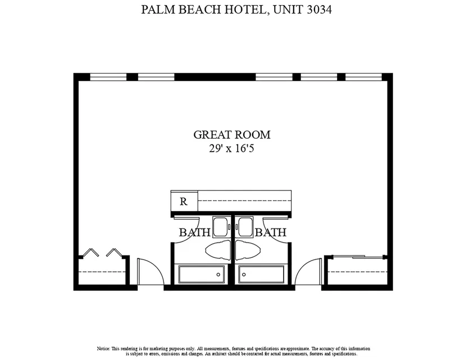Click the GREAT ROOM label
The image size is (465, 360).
pyautogui.click(x=232, y=135)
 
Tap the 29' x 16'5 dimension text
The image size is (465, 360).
pyautogui.click(x=231, y=148)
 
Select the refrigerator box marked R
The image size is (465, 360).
pyautogui.click(x=184, y=202)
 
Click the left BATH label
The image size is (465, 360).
pyautogui.click(x=195, y=232)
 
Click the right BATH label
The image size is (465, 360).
pyautogui.click(x=271, y=232)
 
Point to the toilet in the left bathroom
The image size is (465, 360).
pyautogui.click(x=218, y=250)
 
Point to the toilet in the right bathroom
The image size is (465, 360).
pyautogui.click(x=248, y=250)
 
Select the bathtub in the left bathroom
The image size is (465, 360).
pyautogui.click(x=202, y=274)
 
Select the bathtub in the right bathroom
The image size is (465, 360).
pyautogui.click(x=262, y=274)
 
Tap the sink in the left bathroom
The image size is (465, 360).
pyautogui.click(x=221, y=227)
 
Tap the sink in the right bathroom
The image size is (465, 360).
pyautogui.click(x=245, y=227)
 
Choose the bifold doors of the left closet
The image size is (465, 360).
pyautogui.click(x=102, y=252)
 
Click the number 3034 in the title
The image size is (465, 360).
pyautogui.click(x=319, y=10)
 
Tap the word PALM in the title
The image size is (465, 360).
pyautogui.click(x=157, y=10)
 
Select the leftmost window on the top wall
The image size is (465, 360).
pyautogui.click(x=108, y=77)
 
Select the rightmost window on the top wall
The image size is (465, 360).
pyautogui.click(x=363, y=77)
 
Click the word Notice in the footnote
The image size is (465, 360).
pyautogui.click(x=103, y=349)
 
